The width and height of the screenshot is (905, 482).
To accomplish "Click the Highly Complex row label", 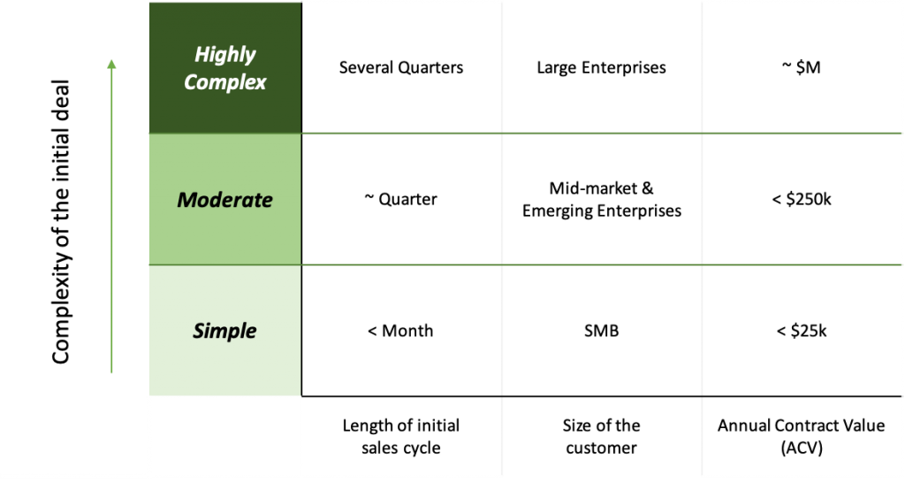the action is coord(225,68).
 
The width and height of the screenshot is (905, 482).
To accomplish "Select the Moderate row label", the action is coord(225,200).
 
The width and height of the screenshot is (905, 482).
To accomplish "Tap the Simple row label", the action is coord(225,331).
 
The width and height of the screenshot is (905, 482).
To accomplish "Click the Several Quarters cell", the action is coord(401,67).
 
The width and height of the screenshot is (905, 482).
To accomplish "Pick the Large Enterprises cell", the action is coord(601,67).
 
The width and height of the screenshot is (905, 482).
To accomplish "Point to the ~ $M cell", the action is coord(801,67).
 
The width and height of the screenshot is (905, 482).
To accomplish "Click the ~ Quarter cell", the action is coord(401,199).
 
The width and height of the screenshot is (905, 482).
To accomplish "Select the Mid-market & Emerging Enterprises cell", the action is coord(601,199).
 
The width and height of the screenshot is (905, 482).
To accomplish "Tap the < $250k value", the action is coord(801,199).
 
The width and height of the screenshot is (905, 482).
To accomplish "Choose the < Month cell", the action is coord(400,331).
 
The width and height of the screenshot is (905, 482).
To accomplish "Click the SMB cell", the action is coord(601,331).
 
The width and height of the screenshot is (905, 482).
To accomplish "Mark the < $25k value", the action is coord(801,331).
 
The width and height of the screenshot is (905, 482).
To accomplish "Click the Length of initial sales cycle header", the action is coord(401,436).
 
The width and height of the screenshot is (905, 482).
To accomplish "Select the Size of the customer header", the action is coord(601,436).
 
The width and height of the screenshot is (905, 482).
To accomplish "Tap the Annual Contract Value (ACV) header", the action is coord(801,436).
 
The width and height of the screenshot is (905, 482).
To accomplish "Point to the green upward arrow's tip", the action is coord(111,59).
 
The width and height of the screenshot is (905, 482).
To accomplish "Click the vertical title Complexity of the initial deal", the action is coord(61,222).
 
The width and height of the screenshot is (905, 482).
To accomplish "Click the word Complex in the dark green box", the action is coord(225,82).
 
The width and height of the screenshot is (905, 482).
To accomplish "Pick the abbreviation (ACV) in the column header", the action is coord(801,448).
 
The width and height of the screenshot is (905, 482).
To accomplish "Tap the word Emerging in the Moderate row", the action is coord(558,210).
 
